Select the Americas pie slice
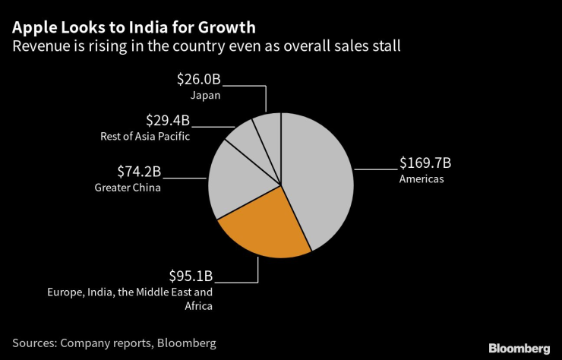(319, 182)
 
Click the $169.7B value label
(425, 163)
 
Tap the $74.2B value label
(138, 171)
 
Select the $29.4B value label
(167, 120)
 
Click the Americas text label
(421, 179)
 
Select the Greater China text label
(128, 188)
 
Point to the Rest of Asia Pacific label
(145, 137)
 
